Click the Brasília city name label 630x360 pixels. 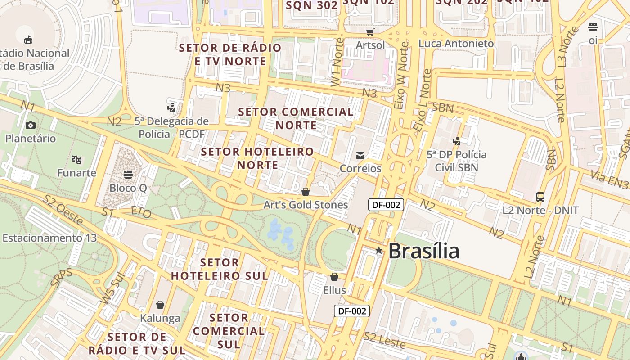pyautogui.click(x=423, y=251)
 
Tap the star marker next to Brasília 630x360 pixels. pyautogui.click(x=379, y=250)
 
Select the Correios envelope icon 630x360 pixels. pyautogui.click(x=360, y=156)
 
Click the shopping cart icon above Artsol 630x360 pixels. pyautogui.click(x=370, y=32)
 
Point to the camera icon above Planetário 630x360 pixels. pyautogui.click(x=31, y=125)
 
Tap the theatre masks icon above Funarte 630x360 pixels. pyautogui.click(x=76, y=159)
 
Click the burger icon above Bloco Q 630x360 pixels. pyautogui.click(x=128, y=174)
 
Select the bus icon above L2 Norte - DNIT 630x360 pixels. pyautogui.click(x=540, y=197)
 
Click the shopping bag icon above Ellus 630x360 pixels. pyautogui.click(x=334, y=276)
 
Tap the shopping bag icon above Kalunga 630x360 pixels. pyautogui.click(x=160, y=305)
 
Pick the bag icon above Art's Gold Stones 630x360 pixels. pyautogui.click(x=306, y=192)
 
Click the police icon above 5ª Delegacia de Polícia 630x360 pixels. pyautogui.click(x=171, y=108)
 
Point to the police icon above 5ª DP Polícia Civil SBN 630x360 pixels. pyautogui.click(x=456, y=141)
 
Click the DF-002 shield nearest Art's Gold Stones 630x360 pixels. pyautogui.click(x=386, y=205)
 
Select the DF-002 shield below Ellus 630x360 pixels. pyautogui.click(x=351, y=310)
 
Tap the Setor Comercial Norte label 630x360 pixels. pyautogui.click(x=296, y=118)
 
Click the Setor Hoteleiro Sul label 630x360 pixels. pyautogui.click(x=220, y=269)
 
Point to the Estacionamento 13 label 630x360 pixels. pyautogui.click(x=49, y=238)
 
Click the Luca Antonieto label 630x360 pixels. pyautogui.click(x=456, y=44)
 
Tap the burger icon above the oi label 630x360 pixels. pyautogui.click(x=593, y=27)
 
